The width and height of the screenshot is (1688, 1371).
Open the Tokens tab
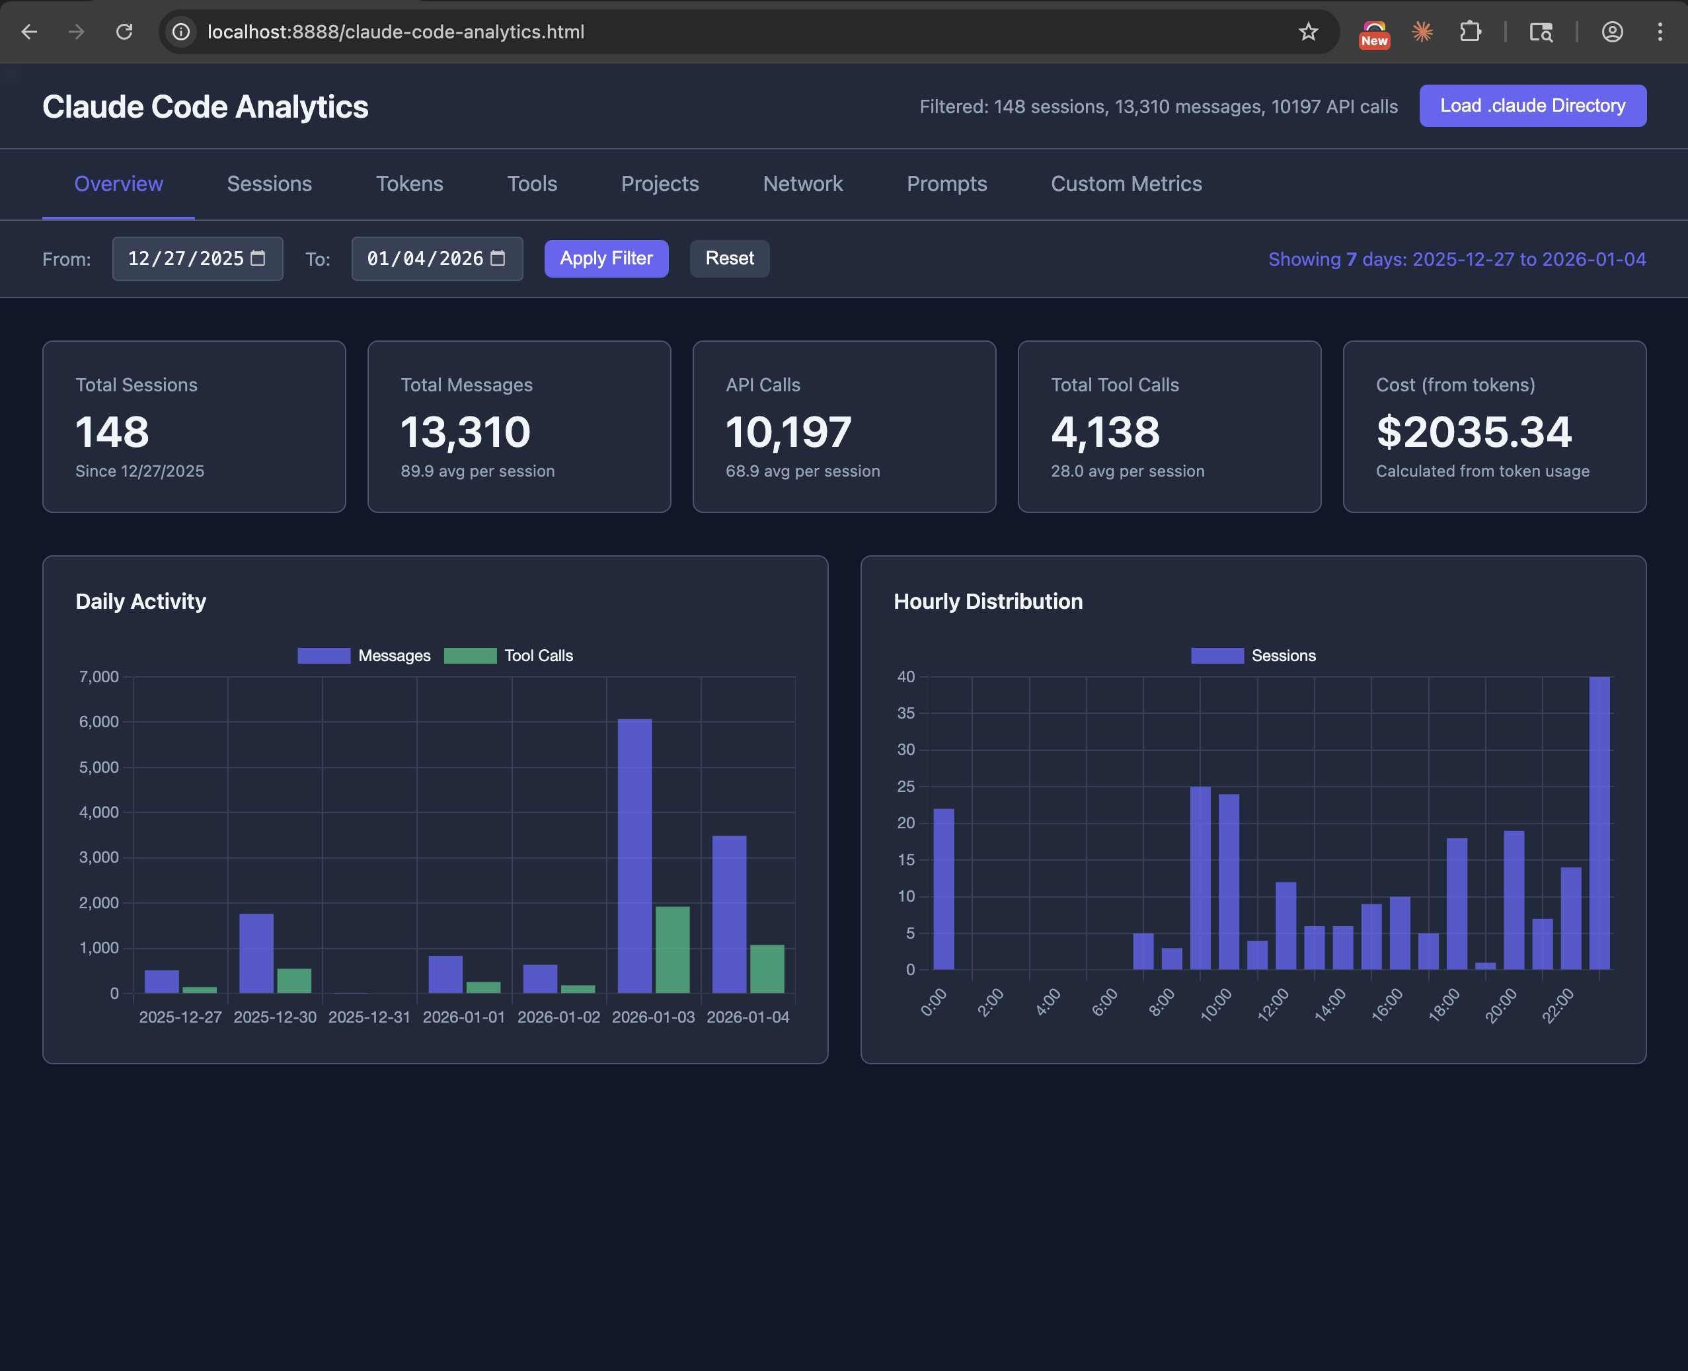(409, 184)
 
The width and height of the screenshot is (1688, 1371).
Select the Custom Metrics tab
(1126, 184)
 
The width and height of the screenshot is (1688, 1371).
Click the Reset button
(729, 258)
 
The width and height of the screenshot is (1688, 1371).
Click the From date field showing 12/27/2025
(186, 259)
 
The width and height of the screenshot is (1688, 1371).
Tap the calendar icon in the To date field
(498, 258)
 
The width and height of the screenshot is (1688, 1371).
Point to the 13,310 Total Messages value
(465, 432)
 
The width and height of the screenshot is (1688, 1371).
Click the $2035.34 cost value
(1473, 432)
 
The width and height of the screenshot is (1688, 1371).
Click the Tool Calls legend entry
(510, 656)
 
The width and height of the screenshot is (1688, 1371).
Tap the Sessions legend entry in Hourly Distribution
(1253, 656)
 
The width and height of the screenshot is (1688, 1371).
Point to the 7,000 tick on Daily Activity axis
(98, 677)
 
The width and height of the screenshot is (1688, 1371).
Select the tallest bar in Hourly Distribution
(1599, 823)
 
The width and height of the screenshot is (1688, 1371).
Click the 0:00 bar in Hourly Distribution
(944, 888)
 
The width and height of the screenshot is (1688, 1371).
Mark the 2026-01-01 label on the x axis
(463, 1017)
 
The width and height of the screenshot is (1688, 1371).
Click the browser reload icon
(124, 32)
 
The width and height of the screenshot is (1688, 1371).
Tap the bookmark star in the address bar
(1307, 32)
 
